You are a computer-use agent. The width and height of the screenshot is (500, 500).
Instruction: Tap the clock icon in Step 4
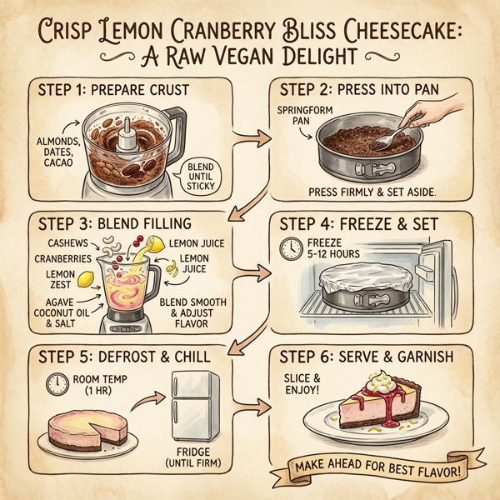[x=292, y=247]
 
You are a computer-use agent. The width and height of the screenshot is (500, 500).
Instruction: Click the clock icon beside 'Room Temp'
[x=57, y=383]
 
